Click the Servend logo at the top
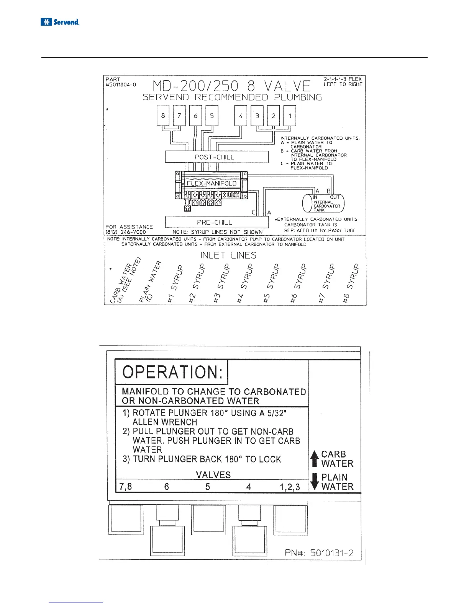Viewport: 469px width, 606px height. tap(60, 22)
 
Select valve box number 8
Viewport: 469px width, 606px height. tap(163, 116)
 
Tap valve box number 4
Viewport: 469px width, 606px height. tap(241, 116)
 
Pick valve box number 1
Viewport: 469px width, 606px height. tap(290, 116)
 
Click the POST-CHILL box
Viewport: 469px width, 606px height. tap(216, 157)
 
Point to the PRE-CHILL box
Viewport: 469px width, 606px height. tap(216, 222)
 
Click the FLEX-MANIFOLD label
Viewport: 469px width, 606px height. tap(212, 183)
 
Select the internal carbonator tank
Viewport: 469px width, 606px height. tap(323, 204)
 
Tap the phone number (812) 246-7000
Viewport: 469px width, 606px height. tap(126, 232)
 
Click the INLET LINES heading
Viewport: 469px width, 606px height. tap(228, 255)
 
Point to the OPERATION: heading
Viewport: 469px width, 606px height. tap(172, 372)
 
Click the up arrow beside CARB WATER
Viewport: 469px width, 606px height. tap(314, 459)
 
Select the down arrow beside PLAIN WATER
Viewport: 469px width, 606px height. tap(315, 482)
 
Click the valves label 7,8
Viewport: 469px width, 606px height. tap(126, 487)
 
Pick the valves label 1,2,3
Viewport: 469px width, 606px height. tap(289, 487)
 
